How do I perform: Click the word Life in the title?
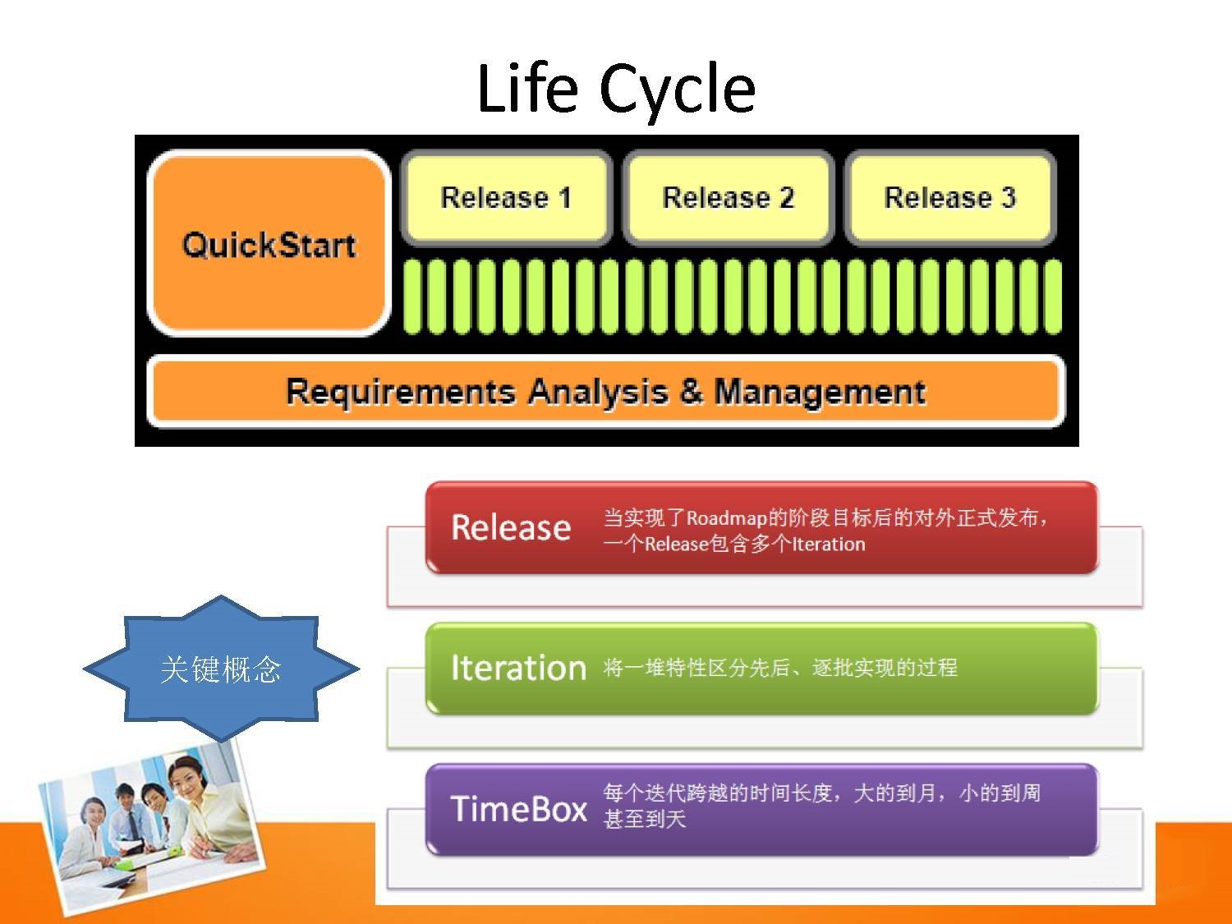pos(527,88)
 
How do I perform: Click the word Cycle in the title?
pos(678,91)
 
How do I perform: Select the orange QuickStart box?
pos(269,243)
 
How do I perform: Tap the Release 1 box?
pos(506,197)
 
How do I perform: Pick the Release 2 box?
pos(728,197)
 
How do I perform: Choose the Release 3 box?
pos(949,197)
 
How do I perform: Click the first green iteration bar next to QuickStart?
pos(412,297)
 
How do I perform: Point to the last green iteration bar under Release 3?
pos(1053,297)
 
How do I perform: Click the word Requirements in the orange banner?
pos(401,392)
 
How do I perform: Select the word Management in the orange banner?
pos(820,392)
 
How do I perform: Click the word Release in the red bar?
pos(511,528)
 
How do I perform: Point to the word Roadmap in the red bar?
pos(726,518)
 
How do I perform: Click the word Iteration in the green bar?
pos(518,668)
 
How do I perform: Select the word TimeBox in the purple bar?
pos(518,809)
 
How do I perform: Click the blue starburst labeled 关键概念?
pos(221,669)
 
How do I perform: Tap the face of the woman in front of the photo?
pos(189,778)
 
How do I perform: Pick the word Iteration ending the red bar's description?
pos(829,545)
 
